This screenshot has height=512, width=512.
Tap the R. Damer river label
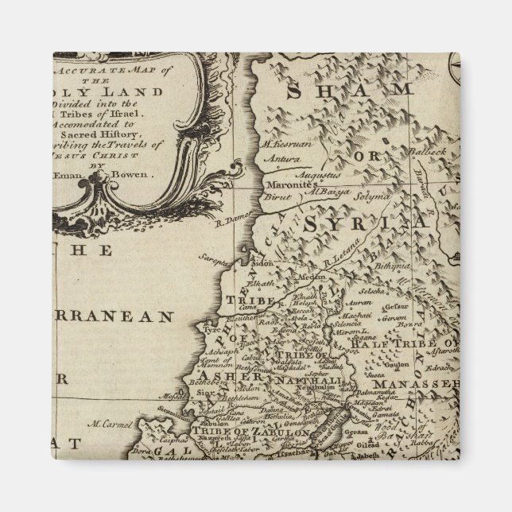(x=235, y=215)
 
